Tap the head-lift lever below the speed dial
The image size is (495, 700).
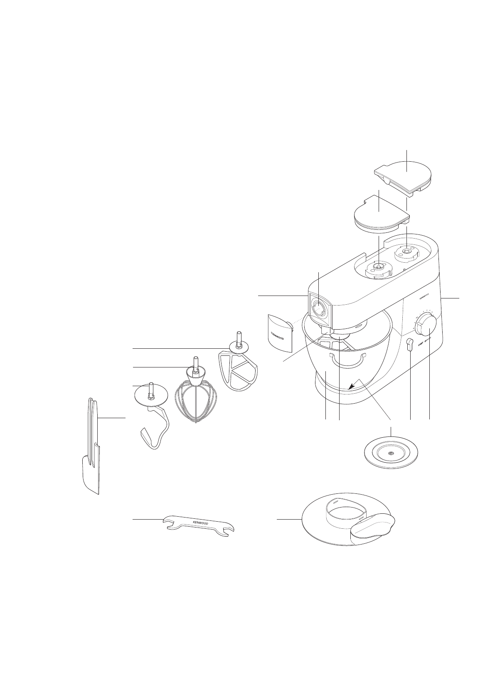[409, 345]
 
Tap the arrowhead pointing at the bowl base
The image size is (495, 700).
[351, 387]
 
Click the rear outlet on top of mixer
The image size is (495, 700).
[406, 251]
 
